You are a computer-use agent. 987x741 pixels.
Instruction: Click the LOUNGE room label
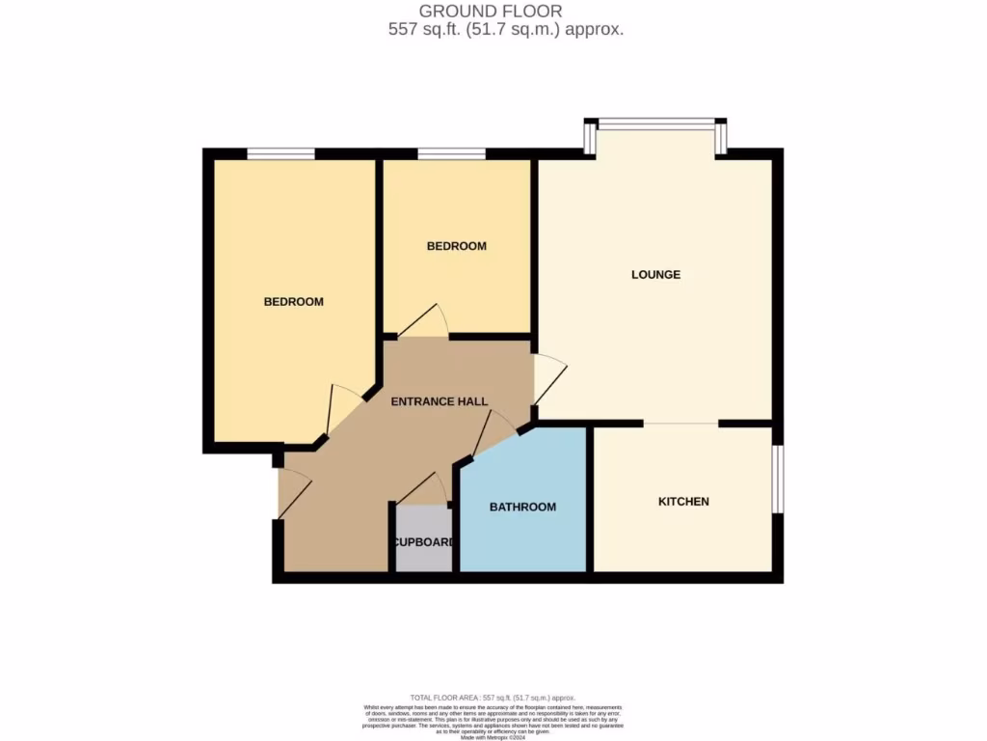pyautogui.click(x=655, y=275)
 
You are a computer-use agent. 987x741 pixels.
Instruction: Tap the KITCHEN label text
pyautogui.click(x=683, y=502)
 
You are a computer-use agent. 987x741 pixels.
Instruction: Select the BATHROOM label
pyautogui.click(x=522, y=508)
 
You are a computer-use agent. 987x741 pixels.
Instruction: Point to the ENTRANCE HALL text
pyautogui.click(x=439, y=401)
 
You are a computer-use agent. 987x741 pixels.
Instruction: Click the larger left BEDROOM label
pyautogui.click(x=294, y=302)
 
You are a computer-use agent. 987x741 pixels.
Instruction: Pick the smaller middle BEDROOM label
pyautogui.click(x=456, y=246)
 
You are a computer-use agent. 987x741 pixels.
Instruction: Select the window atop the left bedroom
pyautogui.click(x=280, y=153)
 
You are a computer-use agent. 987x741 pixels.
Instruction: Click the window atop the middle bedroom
pyautogui.click(x=451, y=153)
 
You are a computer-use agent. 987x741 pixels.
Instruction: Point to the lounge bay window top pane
pyautogui.click(x=656, y=123)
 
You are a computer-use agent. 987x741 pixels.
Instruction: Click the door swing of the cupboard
pyautogui.click(x=422, y=490)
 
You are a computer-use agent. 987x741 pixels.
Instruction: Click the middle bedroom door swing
pyautogui.click(x=424, y=321)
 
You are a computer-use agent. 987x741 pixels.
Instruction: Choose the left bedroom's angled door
pyautogui.click(x=342, y=407)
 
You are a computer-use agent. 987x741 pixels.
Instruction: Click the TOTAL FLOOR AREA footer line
pyautogui.click(x=493, y=697)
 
